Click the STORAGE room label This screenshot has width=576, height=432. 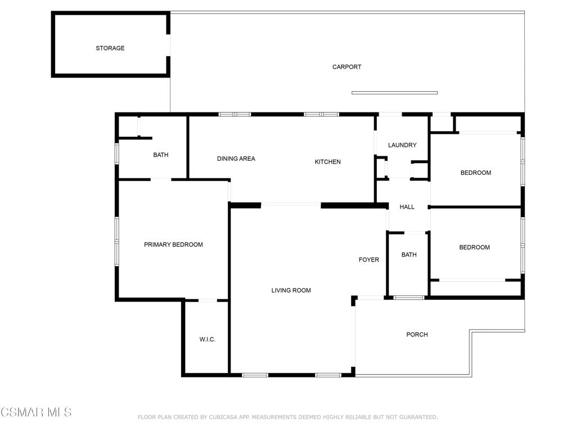pos(110,48)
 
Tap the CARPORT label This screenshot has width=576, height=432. pos(346,67)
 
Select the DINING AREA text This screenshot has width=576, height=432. pos(236,159)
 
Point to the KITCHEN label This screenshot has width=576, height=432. pos(327,162)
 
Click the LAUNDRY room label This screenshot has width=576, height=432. pos(402,145)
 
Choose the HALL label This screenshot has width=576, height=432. pos(407,207)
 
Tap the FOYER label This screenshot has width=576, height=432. pos(369,260)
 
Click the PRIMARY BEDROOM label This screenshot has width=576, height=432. pos(173,245)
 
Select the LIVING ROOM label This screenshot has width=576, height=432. pos(291,290)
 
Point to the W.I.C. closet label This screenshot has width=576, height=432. pos(208,340)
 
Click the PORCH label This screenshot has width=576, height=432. pos(417,335)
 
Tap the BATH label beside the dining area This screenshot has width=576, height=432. pos(161,155)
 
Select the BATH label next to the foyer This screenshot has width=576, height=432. pos(409,255)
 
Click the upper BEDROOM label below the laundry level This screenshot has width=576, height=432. pos(476,173)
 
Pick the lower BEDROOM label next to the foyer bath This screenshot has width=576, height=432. pos(474,247)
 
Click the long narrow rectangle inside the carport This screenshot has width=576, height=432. pos(394,93)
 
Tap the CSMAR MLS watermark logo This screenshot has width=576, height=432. pos(36,412)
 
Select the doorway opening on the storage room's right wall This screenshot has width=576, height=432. pos(168,46)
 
